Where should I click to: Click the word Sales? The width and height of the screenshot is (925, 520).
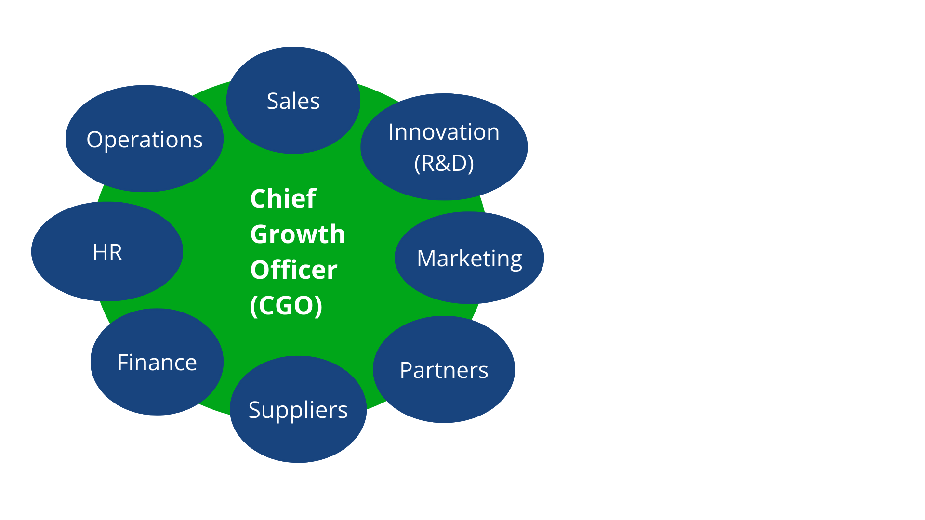pyautogui.click(x=293, y=101)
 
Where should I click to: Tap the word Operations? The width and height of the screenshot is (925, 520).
pyautogui.click(x=145, y=140)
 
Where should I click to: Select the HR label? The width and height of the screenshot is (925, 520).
pyautogui.click(x=107, y=252)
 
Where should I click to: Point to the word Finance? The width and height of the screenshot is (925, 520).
pyautogui.click(x=157, y=363)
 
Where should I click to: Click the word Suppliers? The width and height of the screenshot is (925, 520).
pyautogui.click(x=298, y=410)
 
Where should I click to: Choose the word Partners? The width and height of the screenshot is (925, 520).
pyautogui.click(x=444, y=370)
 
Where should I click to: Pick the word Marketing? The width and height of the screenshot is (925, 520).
pyautogui.click(x=469, y=259)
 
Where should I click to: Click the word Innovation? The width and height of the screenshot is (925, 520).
pyautogui.click(x=444, y=132)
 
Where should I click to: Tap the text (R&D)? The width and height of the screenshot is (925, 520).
pyautogui.click(x=444, y=163)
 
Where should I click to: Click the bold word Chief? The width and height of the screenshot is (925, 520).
pyautogui.click(x=283, y=198)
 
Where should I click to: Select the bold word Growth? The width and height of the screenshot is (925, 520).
pyautogui.click(x=298, y=234)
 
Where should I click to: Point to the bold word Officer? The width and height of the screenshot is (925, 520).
pyautogui.click(x=294, y=270)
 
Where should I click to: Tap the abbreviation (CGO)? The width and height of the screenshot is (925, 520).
pyautogui.click(x=286, y=306)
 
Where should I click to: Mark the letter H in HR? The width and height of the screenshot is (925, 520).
pyautogui.click(x=99, y=252)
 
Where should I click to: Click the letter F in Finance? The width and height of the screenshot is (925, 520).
pyautogui.click(x=123, y=363)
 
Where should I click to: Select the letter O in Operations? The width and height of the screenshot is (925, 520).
pyautogui.click(x=94, y=140)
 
